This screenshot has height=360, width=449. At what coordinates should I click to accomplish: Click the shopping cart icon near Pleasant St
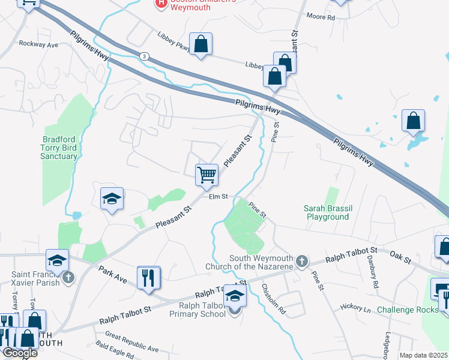(206, 175)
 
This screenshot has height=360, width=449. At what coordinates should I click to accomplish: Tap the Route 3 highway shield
(144, 56)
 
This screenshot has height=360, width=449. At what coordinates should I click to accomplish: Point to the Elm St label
(218, 196)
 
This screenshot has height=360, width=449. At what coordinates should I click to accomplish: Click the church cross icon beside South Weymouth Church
(302, 261)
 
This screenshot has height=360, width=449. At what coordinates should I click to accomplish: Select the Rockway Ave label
(38, 44)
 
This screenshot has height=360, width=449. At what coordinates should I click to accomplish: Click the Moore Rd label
(321, 17)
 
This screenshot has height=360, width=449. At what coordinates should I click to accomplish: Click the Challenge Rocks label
(408, 310)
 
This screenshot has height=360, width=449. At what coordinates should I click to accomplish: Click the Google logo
(19, 353)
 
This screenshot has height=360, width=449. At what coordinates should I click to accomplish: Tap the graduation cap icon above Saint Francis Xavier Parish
(57, 260)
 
